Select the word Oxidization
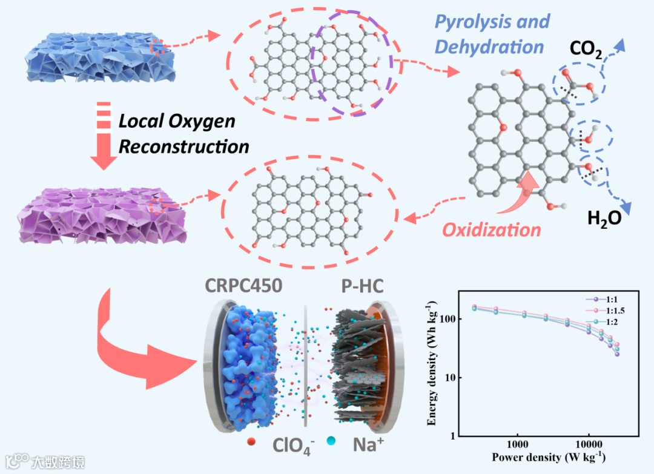tap(492, 230)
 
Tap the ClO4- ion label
tap(295, 446)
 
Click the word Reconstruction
tap(183, 146)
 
